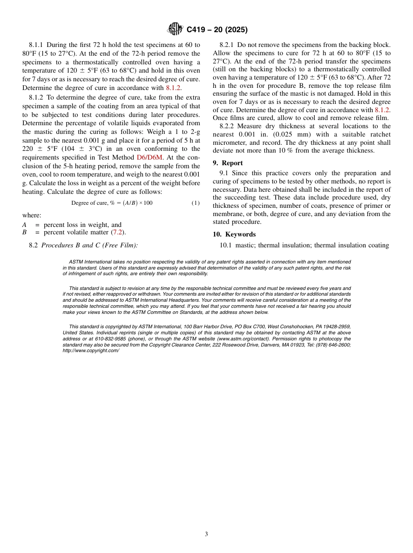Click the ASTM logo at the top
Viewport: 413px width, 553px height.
175,30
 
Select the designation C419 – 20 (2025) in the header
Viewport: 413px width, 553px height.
217,30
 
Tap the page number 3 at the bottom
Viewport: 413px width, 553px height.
206,534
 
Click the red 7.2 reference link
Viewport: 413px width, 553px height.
117,232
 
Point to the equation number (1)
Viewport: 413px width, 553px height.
196,203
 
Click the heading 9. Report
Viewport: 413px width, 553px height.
228,163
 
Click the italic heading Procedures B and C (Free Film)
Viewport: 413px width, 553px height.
90,245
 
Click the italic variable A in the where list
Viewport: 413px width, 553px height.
24,225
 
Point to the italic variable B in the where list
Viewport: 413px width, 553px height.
24,232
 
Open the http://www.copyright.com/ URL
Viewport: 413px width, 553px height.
91,350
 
